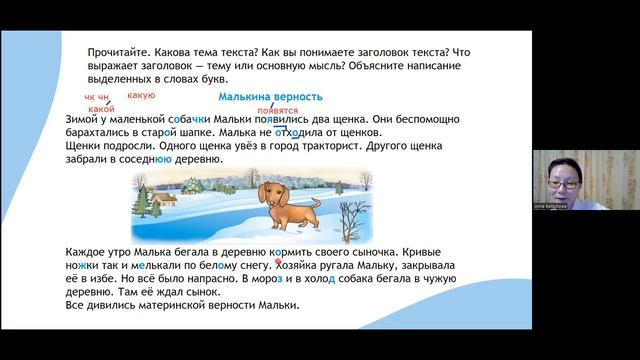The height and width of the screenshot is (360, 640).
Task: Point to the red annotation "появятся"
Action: (x=277, y=110)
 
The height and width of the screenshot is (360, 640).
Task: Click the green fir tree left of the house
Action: (x=156, y=190)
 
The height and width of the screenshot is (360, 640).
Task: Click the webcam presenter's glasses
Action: (x=558, y=171)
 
